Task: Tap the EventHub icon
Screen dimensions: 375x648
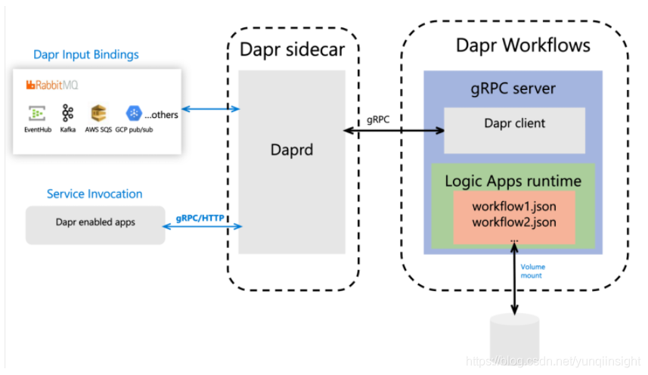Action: click(36, 113)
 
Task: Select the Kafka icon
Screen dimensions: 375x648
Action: click(68, 113)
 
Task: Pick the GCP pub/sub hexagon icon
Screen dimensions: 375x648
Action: click(134, 113)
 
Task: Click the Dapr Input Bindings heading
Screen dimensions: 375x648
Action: click(86, 54)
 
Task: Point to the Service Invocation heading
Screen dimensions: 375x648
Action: click(95, 194)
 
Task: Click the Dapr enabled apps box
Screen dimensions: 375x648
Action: click(95, 223)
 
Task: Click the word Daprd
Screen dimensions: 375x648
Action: click(292, 150)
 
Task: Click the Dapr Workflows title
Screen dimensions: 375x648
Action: click(522, 45)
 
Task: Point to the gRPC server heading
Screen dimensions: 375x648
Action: click(513, 88)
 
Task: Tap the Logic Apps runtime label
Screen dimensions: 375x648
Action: click(513, 181)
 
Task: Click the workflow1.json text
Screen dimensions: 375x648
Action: click(514, 206)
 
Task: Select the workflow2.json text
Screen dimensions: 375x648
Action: click(514, 222)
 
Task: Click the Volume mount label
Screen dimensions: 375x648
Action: click(532, 271)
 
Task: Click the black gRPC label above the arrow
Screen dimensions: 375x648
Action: click(380, 119)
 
